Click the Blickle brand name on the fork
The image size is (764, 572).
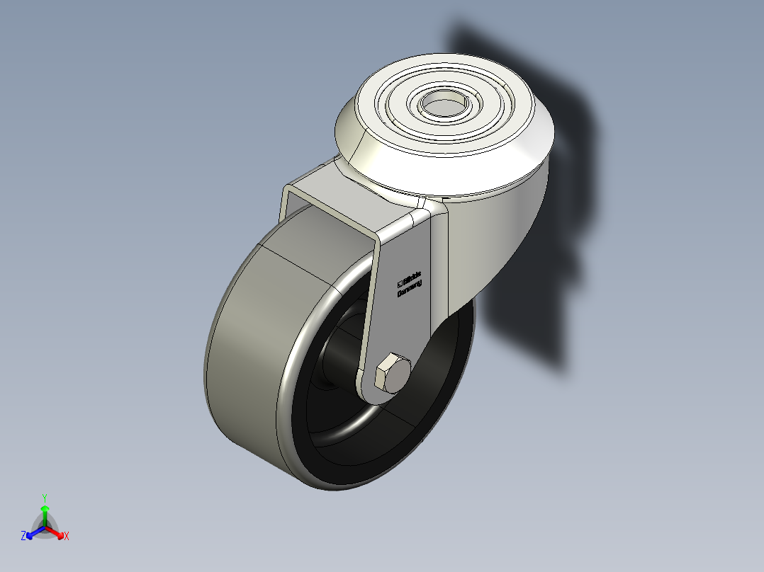coord(412,276)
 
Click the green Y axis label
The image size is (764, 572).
coord(45,498)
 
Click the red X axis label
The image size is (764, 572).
coord(67,537)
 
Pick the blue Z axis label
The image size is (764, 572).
coord(23,537)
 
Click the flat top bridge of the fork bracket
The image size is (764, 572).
coord(333,205)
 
